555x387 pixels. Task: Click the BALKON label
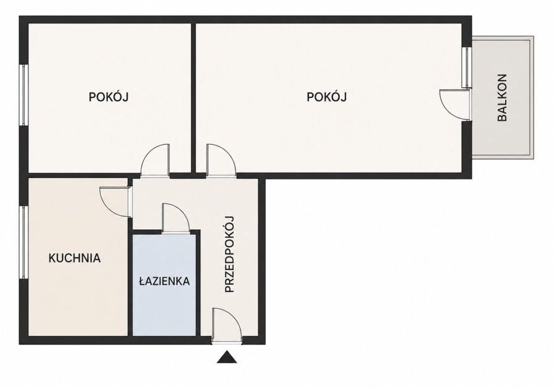pos(502,97)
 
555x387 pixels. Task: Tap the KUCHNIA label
pos(75,258)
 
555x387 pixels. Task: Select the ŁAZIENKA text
pos(164,282)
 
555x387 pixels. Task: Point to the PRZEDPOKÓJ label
pos(230,254)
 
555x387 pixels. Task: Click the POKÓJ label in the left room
pos(109,97)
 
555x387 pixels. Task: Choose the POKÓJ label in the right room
pos(326,97)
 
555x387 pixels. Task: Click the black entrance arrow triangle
pos(227,357)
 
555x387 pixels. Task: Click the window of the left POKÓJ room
pos(23,95)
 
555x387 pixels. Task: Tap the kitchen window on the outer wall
pos(23,242)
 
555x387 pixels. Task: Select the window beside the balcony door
pos(467,67)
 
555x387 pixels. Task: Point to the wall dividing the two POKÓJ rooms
pos(194,98)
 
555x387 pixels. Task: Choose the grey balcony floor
pos(502,98)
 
